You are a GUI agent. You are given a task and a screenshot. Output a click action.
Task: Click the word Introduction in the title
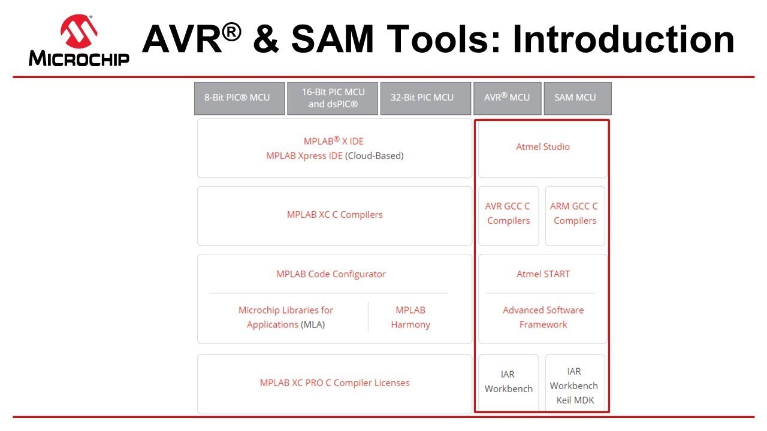(x=623, y=40)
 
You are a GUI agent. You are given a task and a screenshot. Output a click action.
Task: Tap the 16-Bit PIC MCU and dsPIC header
(x=333, y=98)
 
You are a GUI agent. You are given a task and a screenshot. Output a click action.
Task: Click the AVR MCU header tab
(x=507, y=98)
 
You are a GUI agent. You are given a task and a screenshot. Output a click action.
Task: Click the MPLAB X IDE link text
(x=333, y=141)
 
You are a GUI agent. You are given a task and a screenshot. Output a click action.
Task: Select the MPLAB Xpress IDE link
(x=304, y=156)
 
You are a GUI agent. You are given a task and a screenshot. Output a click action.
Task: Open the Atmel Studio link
(x=543, y=147)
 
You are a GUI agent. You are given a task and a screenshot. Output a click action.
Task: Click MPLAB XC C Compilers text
(x=334, y=214)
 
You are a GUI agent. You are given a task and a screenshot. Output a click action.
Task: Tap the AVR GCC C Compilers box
(x=508, y=214)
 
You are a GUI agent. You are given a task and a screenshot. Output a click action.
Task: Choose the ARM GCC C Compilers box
(x=575, y=214)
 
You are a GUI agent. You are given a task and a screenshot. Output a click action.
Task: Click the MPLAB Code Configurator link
(x=331, y=274)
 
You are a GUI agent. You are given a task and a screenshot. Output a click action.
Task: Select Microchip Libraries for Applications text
(x=285, y=317)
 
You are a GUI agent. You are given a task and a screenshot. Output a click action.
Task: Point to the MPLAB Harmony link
(x=410, y=317)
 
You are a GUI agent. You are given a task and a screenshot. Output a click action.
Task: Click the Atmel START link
(x=543, y=274)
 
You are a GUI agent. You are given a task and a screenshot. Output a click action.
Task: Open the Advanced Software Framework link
(x=543, y=317)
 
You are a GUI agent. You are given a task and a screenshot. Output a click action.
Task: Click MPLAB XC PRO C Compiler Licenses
(x=334, y=383)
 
